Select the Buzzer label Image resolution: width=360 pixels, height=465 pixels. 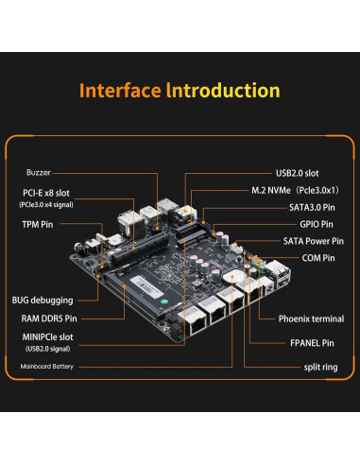click(x=38, y=173)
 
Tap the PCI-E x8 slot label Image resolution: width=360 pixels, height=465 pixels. click(x=46, y=193)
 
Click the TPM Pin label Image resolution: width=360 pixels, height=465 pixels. click(x=38, y=224)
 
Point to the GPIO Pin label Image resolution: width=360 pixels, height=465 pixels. click(x=309, y=224)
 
